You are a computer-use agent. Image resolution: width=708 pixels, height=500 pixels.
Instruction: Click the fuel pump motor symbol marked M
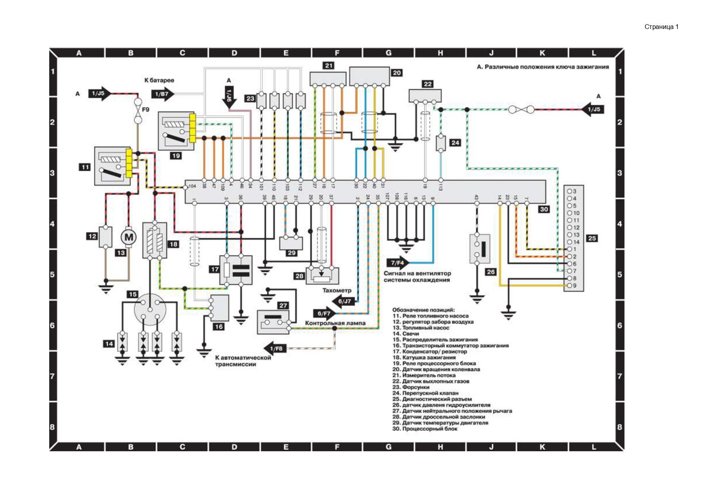coord(129,237)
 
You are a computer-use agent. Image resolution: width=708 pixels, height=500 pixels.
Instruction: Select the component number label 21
coord(329,66)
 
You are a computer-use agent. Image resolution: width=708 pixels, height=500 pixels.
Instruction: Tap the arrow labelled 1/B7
coord(163,94)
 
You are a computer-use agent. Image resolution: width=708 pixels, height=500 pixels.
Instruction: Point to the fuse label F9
coord(146,110)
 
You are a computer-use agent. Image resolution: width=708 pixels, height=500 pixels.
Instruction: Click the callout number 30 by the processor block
coord(544,209)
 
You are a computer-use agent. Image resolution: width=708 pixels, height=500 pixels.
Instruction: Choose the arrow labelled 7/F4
coord(398,263)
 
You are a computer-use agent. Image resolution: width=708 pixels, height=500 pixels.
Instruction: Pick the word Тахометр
coord(337,290)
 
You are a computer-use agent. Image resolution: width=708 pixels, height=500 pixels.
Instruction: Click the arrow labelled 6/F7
coord(324,313)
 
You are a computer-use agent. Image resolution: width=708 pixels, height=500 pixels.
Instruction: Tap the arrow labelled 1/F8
coord(275,349)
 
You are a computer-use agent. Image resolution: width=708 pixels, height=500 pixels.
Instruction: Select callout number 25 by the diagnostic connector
coord(592,238)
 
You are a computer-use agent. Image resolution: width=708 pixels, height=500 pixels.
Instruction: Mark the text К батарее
coord(159,80)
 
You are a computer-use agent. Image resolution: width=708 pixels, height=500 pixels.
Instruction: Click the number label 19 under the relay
coord(176,156)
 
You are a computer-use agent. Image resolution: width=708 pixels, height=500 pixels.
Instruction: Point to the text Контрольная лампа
coord(335,323)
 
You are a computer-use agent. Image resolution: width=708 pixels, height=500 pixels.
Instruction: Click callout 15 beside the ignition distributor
coord(133,295)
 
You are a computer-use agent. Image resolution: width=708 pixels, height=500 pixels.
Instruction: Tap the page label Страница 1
coord(661,27)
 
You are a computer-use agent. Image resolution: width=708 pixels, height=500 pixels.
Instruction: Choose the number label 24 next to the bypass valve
coord(455,143)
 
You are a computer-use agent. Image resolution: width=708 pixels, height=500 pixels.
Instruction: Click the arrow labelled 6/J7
coord(344,301)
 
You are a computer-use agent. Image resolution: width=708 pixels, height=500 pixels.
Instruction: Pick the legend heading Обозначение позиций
coord(423,310)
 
